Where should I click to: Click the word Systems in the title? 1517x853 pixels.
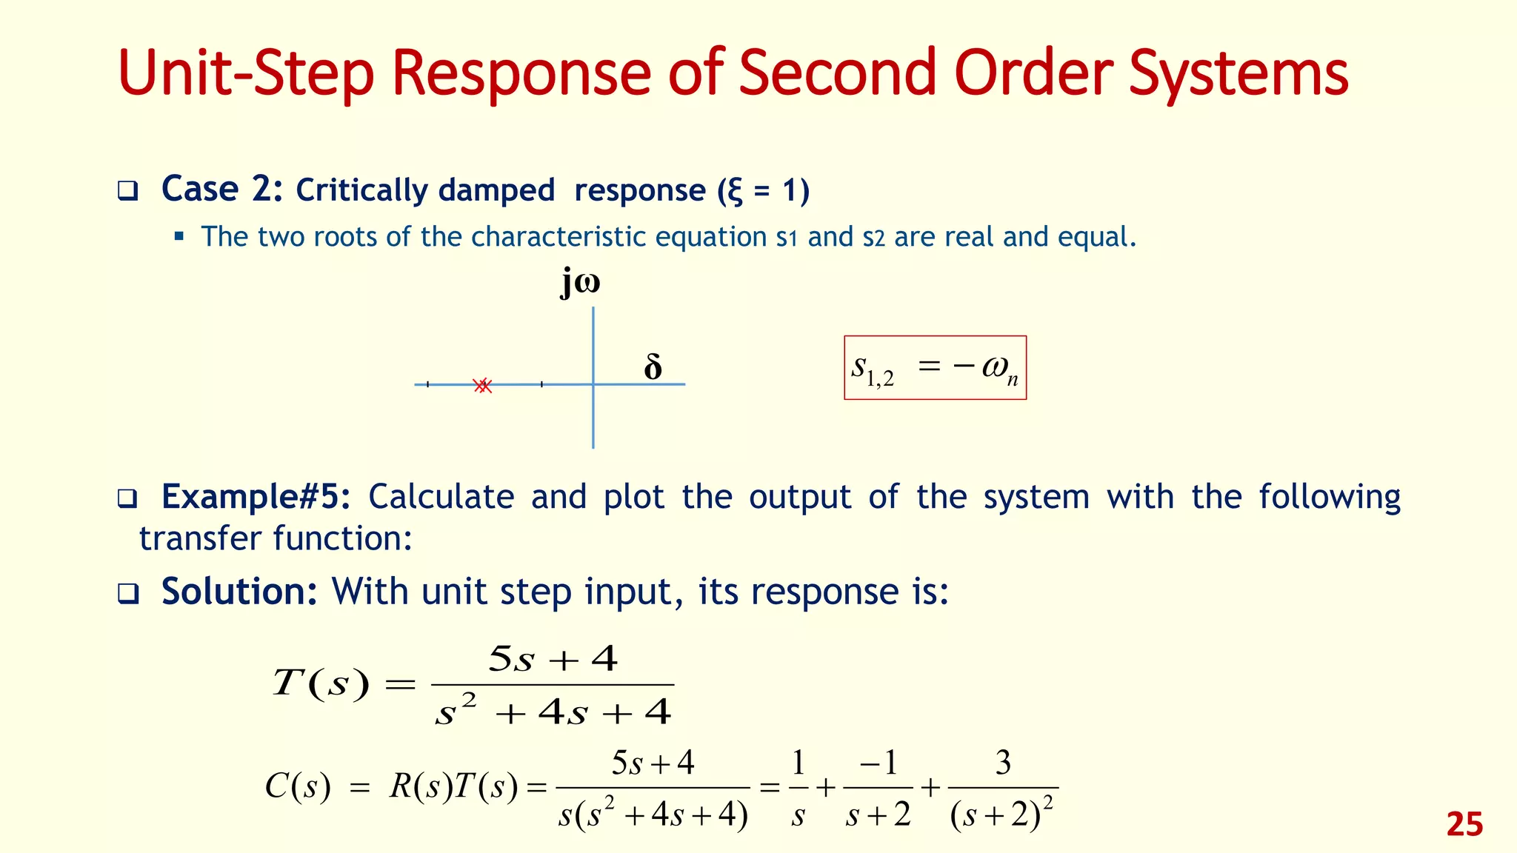1238,74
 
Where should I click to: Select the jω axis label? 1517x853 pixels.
580,283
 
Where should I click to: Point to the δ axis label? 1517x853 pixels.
653,367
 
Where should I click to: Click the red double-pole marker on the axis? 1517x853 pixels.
483,385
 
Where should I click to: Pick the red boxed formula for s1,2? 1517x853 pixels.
935,368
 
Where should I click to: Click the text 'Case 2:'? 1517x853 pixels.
221,190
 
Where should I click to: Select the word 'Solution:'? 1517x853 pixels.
239,592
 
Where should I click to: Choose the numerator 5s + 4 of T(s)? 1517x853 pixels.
553,659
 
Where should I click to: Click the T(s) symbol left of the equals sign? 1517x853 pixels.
320,683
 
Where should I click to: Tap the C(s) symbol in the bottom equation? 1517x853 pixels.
297,786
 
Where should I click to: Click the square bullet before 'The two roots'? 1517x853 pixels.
179,237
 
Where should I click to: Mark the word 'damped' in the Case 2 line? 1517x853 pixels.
496,190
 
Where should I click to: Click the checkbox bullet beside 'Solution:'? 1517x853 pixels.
128,594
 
